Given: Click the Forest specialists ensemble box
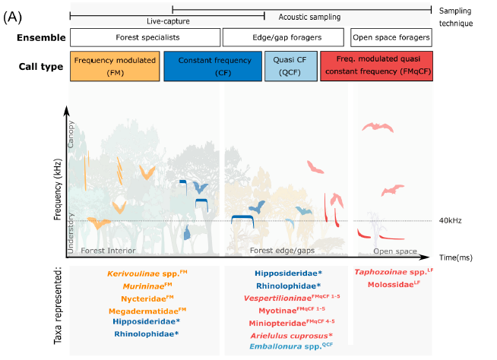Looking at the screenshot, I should coord(144,37).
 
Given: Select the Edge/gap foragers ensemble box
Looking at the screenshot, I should coord(284,37).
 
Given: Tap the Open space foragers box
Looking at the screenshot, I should coord(391,37).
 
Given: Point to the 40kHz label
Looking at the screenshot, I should coord(451,221).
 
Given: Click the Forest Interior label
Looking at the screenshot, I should coord(109,250).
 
